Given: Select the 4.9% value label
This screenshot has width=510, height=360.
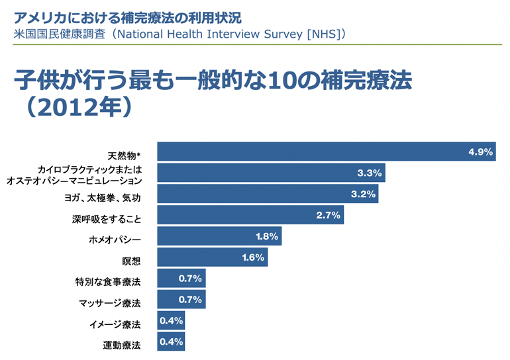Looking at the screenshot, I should tap(480, 152).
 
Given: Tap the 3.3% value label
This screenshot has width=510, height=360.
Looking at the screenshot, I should tap(370, 173).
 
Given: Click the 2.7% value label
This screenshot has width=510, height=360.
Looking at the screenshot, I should tap(328, 215).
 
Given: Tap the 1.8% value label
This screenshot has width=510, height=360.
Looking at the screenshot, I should tap(268, 236).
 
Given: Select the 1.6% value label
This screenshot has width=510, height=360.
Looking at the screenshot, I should tap(254, 257).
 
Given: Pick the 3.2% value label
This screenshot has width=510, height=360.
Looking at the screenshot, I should tap(363, 195).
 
